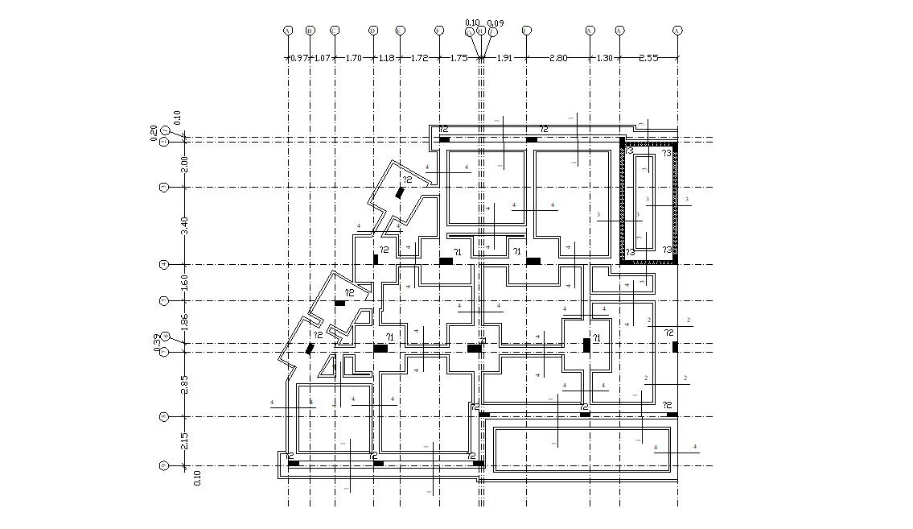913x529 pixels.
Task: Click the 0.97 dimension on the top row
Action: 298,58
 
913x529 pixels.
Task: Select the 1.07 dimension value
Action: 322,58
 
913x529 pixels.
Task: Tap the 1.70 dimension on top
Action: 354,58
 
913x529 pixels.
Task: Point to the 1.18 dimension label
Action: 386,58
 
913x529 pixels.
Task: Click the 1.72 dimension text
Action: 419,58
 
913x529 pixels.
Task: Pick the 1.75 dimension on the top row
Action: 459,58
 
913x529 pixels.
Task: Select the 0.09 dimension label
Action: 496,23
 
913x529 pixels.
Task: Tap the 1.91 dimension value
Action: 504,58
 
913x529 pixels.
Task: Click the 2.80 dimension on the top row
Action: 557,58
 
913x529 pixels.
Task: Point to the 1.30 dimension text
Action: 604,58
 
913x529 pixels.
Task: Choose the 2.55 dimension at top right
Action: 648,58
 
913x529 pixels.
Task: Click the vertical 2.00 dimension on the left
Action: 184,163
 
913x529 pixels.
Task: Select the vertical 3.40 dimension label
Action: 184,226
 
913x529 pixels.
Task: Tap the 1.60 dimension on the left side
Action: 184,283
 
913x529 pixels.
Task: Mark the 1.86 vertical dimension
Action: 184,322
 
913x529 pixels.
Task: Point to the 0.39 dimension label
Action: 158,342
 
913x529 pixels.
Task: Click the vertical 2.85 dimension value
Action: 184,384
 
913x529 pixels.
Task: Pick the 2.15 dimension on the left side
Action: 184,441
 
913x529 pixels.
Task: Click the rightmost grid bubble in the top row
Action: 677,31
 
